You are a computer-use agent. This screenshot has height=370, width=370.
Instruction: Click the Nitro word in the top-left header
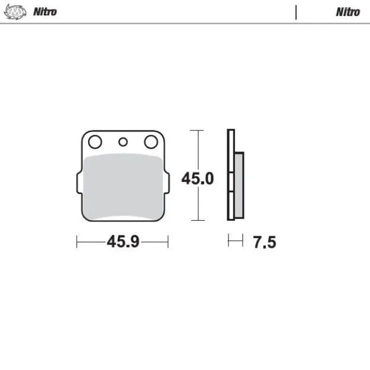coord(45,11)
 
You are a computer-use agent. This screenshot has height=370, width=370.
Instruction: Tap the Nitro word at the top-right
coord(348,11)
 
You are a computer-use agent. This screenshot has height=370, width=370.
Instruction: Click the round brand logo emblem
coord(15,11)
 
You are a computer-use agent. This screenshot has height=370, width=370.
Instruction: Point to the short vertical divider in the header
coord(295,12)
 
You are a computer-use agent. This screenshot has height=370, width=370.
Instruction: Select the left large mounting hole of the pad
coord(94,142)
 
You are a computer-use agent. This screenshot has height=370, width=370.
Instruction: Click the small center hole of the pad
coord(123,142)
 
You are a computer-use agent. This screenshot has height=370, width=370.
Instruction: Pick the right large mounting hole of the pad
coord(152,142)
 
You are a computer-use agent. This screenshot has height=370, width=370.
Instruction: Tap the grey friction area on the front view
coord(123,186)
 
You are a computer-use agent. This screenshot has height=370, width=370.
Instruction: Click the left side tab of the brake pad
coord(79,183)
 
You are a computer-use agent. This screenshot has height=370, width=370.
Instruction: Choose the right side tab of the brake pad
coord(168,183)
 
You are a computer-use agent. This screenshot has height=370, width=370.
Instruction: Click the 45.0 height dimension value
coord(197,178)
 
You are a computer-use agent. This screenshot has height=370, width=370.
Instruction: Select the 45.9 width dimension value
coord(123,242)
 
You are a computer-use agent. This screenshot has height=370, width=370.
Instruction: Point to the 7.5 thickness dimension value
coord(264,242)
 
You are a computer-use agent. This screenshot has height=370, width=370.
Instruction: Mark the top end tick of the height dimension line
coord(197,130)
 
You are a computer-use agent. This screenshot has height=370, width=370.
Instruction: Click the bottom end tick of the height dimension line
coord(197,220)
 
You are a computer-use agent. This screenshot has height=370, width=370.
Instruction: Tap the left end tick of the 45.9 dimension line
coord(78,242)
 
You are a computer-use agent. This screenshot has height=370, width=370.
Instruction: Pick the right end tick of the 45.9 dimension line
coord(168,242)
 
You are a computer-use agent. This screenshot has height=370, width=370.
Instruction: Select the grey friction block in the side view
coord(239,185)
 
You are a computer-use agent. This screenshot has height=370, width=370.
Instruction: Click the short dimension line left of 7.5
coord(236,240)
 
